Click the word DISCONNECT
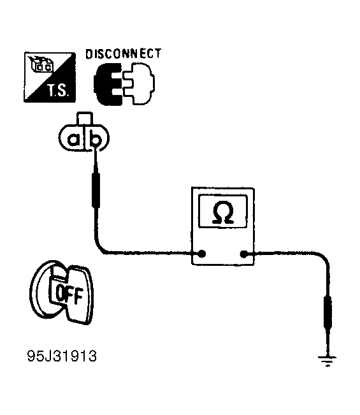123,54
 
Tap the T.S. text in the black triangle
58,91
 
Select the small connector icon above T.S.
41,64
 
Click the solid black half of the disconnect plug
108,84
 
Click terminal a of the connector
73,139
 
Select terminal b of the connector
95,138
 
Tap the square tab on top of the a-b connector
84,118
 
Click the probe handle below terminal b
96,190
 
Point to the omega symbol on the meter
223,212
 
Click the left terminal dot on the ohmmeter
202,254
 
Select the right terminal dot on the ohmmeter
243,254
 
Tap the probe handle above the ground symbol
328,312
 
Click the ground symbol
328,361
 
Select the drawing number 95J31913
62,356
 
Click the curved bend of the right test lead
324,258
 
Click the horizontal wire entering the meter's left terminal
151,254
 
